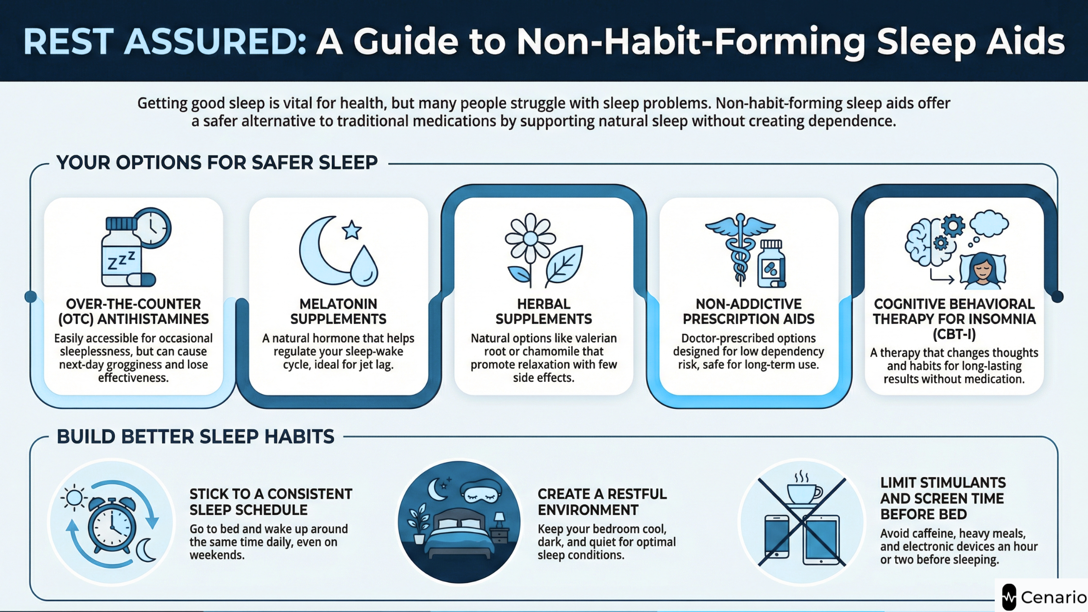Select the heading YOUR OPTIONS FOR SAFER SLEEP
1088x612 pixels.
[x=217, y=163]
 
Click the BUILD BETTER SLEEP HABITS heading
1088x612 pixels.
[x=195, y=437]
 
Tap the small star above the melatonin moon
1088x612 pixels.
[x=352, y=230]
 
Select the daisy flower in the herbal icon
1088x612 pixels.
[x=530, y=238]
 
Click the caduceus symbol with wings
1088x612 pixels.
[x=740, y=248]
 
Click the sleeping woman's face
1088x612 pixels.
[x=983, y=271]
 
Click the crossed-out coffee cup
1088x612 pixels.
[x=804, y=488]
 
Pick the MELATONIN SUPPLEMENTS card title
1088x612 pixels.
[x=339, y=311]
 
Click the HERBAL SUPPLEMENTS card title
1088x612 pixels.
[x=544, y=311]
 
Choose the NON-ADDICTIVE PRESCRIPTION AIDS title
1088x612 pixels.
[x=748, y=311]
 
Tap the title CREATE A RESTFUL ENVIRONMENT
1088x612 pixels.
[x=602, y=502]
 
